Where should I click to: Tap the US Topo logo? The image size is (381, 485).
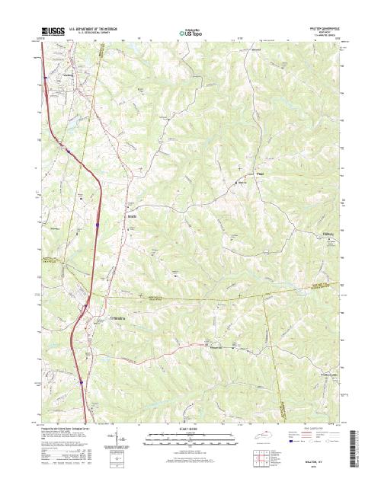click(190, 34)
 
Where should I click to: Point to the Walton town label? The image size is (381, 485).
click(73, 76)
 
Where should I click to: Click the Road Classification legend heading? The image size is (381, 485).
click(312, 429)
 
